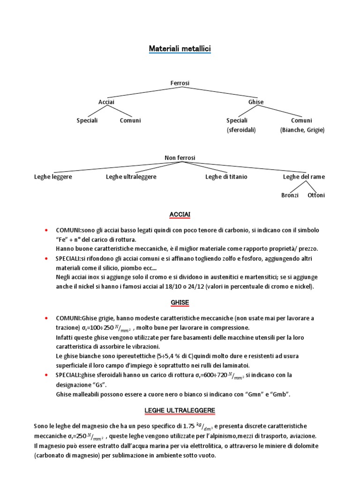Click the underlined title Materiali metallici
(x=180, y=48)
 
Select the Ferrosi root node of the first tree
(x=180, y=83)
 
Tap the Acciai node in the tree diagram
(x=106, y=102)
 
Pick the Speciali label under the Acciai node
(x=87, y=120)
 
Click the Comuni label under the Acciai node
(x=130, y=120)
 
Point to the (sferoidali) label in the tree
(x=241, y=130)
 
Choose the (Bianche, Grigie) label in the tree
(x=302, y=130)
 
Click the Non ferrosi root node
(x=180, y=158)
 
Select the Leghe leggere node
(x=53, y=177)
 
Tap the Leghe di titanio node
(x=226, y=177)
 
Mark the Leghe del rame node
(x=304, y=177)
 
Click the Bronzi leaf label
(x=290, y=195)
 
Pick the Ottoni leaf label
(x=316, y=195)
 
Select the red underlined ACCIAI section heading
(x=180, y=214)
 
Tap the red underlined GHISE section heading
(x=180, y=303)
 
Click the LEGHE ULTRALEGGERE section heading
(x=180, y=411)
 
